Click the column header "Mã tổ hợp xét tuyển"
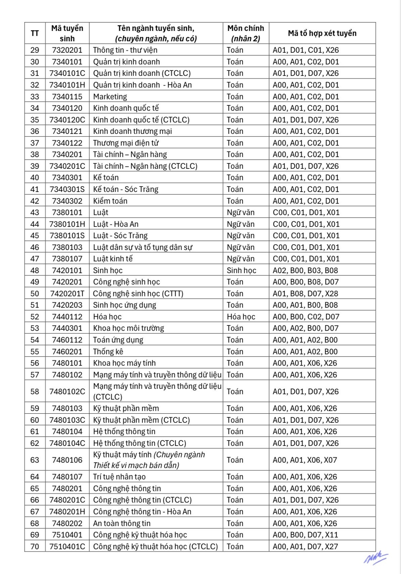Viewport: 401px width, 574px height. click(322, 33)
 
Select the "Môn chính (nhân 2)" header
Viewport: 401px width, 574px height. click(246, 33)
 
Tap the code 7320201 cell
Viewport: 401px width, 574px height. click(67, 50)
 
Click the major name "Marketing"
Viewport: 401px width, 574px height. click(110, 97)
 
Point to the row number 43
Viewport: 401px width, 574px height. click(35, 212)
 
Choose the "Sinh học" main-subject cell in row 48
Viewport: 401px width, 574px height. click(241, 270)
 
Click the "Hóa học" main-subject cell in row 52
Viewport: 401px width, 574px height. click(241, 317)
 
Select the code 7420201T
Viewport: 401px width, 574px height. click(67, 294)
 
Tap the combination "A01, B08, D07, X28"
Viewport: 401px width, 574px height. click(305, 294)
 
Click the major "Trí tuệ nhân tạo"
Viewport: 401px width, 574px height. click(119, 477)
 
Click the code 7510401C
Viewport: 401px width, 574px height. click(67, 546)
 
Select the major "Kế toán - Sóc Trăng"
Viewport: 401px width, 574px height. click(126, 189)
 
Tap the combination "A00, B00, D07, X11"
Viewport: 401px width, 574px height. click(305, 535)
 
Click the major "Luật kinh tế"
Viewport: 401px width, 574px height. click(113, 259)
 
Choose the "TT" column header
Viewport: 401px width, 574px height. click(35, 33)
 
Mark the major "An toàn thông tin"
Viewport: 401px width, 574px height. click(122, 523)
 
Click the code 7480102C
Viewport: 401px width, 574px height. click(67, 392)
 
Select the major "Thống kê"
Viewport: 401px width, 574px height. click(108, 352)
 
